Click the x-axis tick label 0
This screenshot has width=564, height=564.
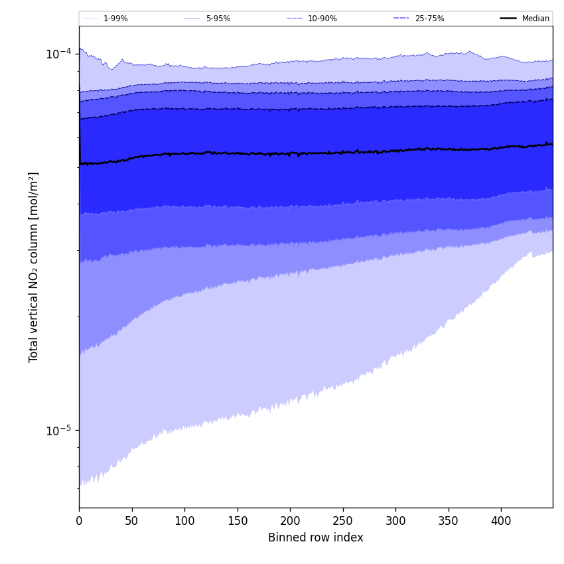tap(79, 521)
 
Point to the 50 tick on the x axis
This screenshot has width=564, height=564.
tap(132, 521)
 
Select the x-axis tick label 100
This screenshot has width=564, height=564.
tap(184, 521)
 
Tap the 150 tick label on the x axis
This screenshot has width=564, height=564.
tap(238, 521)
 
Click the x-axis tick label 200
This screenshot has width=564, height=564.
tap(290, 521)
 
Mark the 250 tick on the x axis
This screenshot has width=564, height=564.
tap(343, 521)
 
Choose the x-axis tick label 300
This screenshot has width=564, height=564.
tap(395, 521)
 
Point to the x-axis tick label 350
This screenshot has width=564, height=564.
tap(449, 521)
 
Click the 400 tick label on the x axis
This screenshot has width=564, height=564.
tap(501, 521)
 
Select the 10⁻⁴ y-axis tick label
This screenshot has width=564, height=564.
tap(58, 53)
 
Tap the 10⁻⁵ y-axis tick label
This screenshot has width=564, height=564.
tap(58, 430)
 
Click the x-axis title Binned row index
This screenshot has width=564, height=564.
tap(316, 538)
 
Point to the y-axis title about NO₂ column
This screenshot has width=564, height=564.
tap(34, 267)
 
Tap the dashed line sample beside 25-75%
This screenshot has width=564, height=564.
tap(401, 19)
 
